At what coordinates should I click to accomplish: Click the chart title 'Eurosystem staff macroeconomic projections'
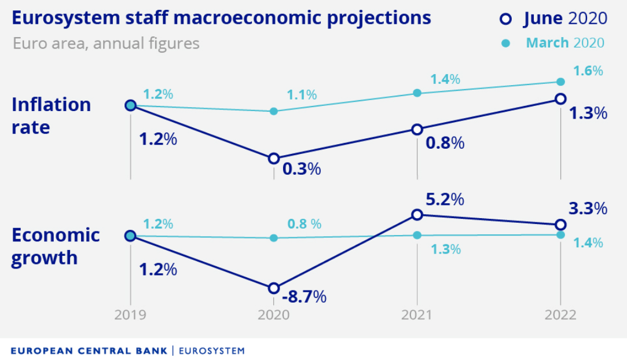pyautogui.click(x=221, y=18)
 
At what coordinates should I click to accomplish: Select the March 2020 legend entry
pyautogui.click(x=554, y=43)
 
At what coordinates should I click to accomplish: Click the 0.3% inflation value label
pyautogui.click(x=301, y=169)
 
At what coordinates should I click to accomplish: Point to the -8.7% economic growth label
pyautogui.click(x=303, y=297)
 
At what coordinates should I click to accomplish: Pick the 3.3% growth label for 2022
pyautogui.click(x=587, y=208)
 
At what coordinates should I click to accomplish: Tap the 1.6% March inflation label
pyautogui.click(x=588, y=71)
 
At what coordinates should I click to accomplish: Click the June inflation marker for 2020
pyautogui.click(x=274, y=159)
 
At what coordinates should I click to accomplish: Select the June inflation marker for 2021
pyautogui.click(x=417, y=129)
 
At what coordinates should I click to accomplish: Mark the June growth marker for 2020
pyautogui.click(x=274, y=288)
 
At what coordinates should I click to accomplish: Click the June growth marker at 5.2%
pyautogui.click(x=417, y=215)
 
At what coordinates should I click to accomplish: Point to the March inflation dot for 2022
pyautogui.click(x=560, y=82)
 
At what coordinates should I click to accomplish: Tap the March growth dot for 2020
pyautogui.click(x=274, y=238)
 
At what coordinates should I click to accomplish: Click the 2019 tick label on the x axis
pyautogui.click(x=130, y=315)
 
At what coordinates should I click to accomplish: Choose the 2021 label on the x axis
pyautogui.click(x=417, y=315)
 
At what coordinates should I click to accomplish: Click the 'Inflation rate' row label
pyautogui.click(x=51, y=116)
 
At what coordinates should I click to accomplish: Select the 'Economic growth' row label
pyautogui.click(x=55, y=246)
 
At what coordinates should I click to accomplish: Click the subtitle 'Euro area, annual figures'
pyautogui.click(x=106, y=43)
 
